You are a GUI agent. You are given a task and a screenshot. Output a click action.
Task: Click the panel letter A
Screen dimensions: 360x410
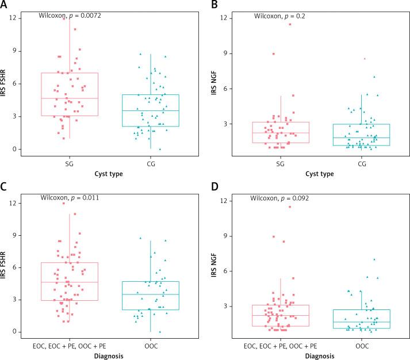[4, 5]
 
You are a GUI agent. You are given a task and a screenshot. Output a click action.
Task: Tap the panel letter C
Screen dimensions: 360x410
[4, 187]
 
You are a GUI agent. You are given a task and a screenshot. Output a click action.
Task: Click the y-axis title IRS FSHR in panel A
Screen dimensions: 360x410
[5, 83]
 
